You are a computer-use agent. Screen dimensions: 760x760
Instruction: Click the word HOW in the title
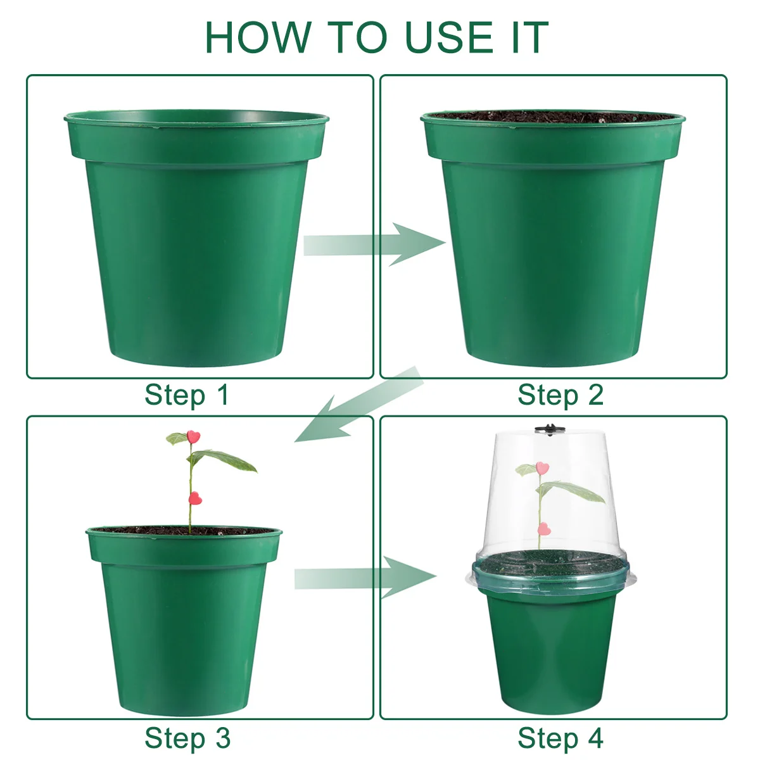point(258,37)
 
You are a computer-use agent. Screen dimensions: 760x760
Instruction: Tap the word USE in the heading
point(450,37)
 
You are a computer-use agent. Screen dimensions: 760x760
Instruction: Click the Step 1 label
point(186,395)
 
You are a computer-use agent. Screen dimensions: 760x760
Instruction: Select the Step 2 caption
point(560,395)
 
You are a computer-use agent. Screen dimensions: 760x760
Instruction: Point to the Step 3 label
point(187,738)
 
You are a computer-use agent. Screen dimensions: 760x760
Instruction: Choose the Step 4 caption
point(560,738)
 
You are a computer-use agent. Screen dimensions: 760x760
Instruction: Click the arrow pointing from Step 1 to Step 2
point(374,244)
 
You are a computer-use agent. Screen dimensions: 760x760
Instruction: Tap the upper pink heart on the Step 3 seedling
point(193,436)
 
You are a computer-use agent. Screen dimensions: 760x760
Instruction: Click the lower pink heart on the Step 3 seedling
point(194,499)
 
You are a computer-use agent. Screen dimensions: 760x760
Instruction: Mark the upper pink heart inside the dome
point(541,468)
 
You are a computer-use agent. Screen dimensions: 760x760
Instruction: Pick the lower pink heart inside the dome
point(543,529)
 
